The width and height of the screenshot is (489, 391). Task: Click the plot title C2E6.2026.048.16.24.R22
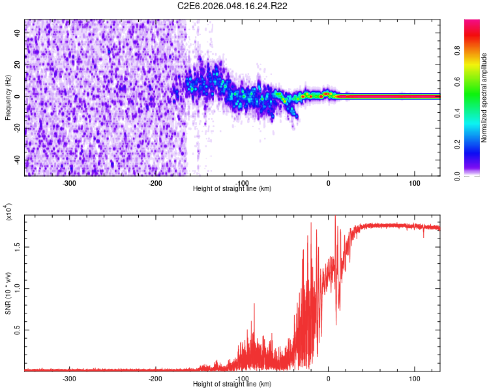point(233,6)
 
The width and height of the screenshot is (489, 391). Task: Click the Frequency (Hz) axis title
point(8,98)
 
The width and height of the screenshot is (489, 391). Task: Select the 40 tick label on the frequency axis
point(18,33)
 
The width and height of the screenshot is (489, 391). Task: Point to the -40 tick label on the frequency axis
point(18,160)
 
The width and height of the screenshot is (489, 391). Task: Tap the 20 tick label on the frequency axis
point(18,65)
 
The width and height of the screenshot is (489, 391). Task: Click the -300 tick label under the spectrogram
point(69,182)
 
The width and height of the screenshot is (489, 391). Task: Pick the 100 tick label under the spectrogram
point(414,182)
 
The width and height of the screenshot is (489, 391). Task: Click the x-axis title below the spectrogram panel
point(232,189)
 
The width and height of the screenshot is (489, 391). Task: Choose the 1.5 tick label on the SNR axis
point(18,247)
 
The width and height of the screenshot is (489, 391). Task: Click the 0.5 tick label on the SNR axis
point(18,330)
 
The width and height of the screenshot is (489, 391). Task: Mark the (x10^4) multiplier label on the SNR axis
point(8,213)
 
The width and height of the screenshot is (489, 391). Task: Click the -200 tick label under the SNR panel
point(155,378)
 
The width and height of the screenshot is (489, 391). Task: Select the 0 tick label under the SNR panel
point(329,378)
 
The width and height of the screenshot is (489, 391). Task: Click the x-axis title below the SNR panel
point(232,384)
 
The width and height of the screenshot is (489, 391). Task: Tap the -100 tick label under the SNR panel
point(242,378)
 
